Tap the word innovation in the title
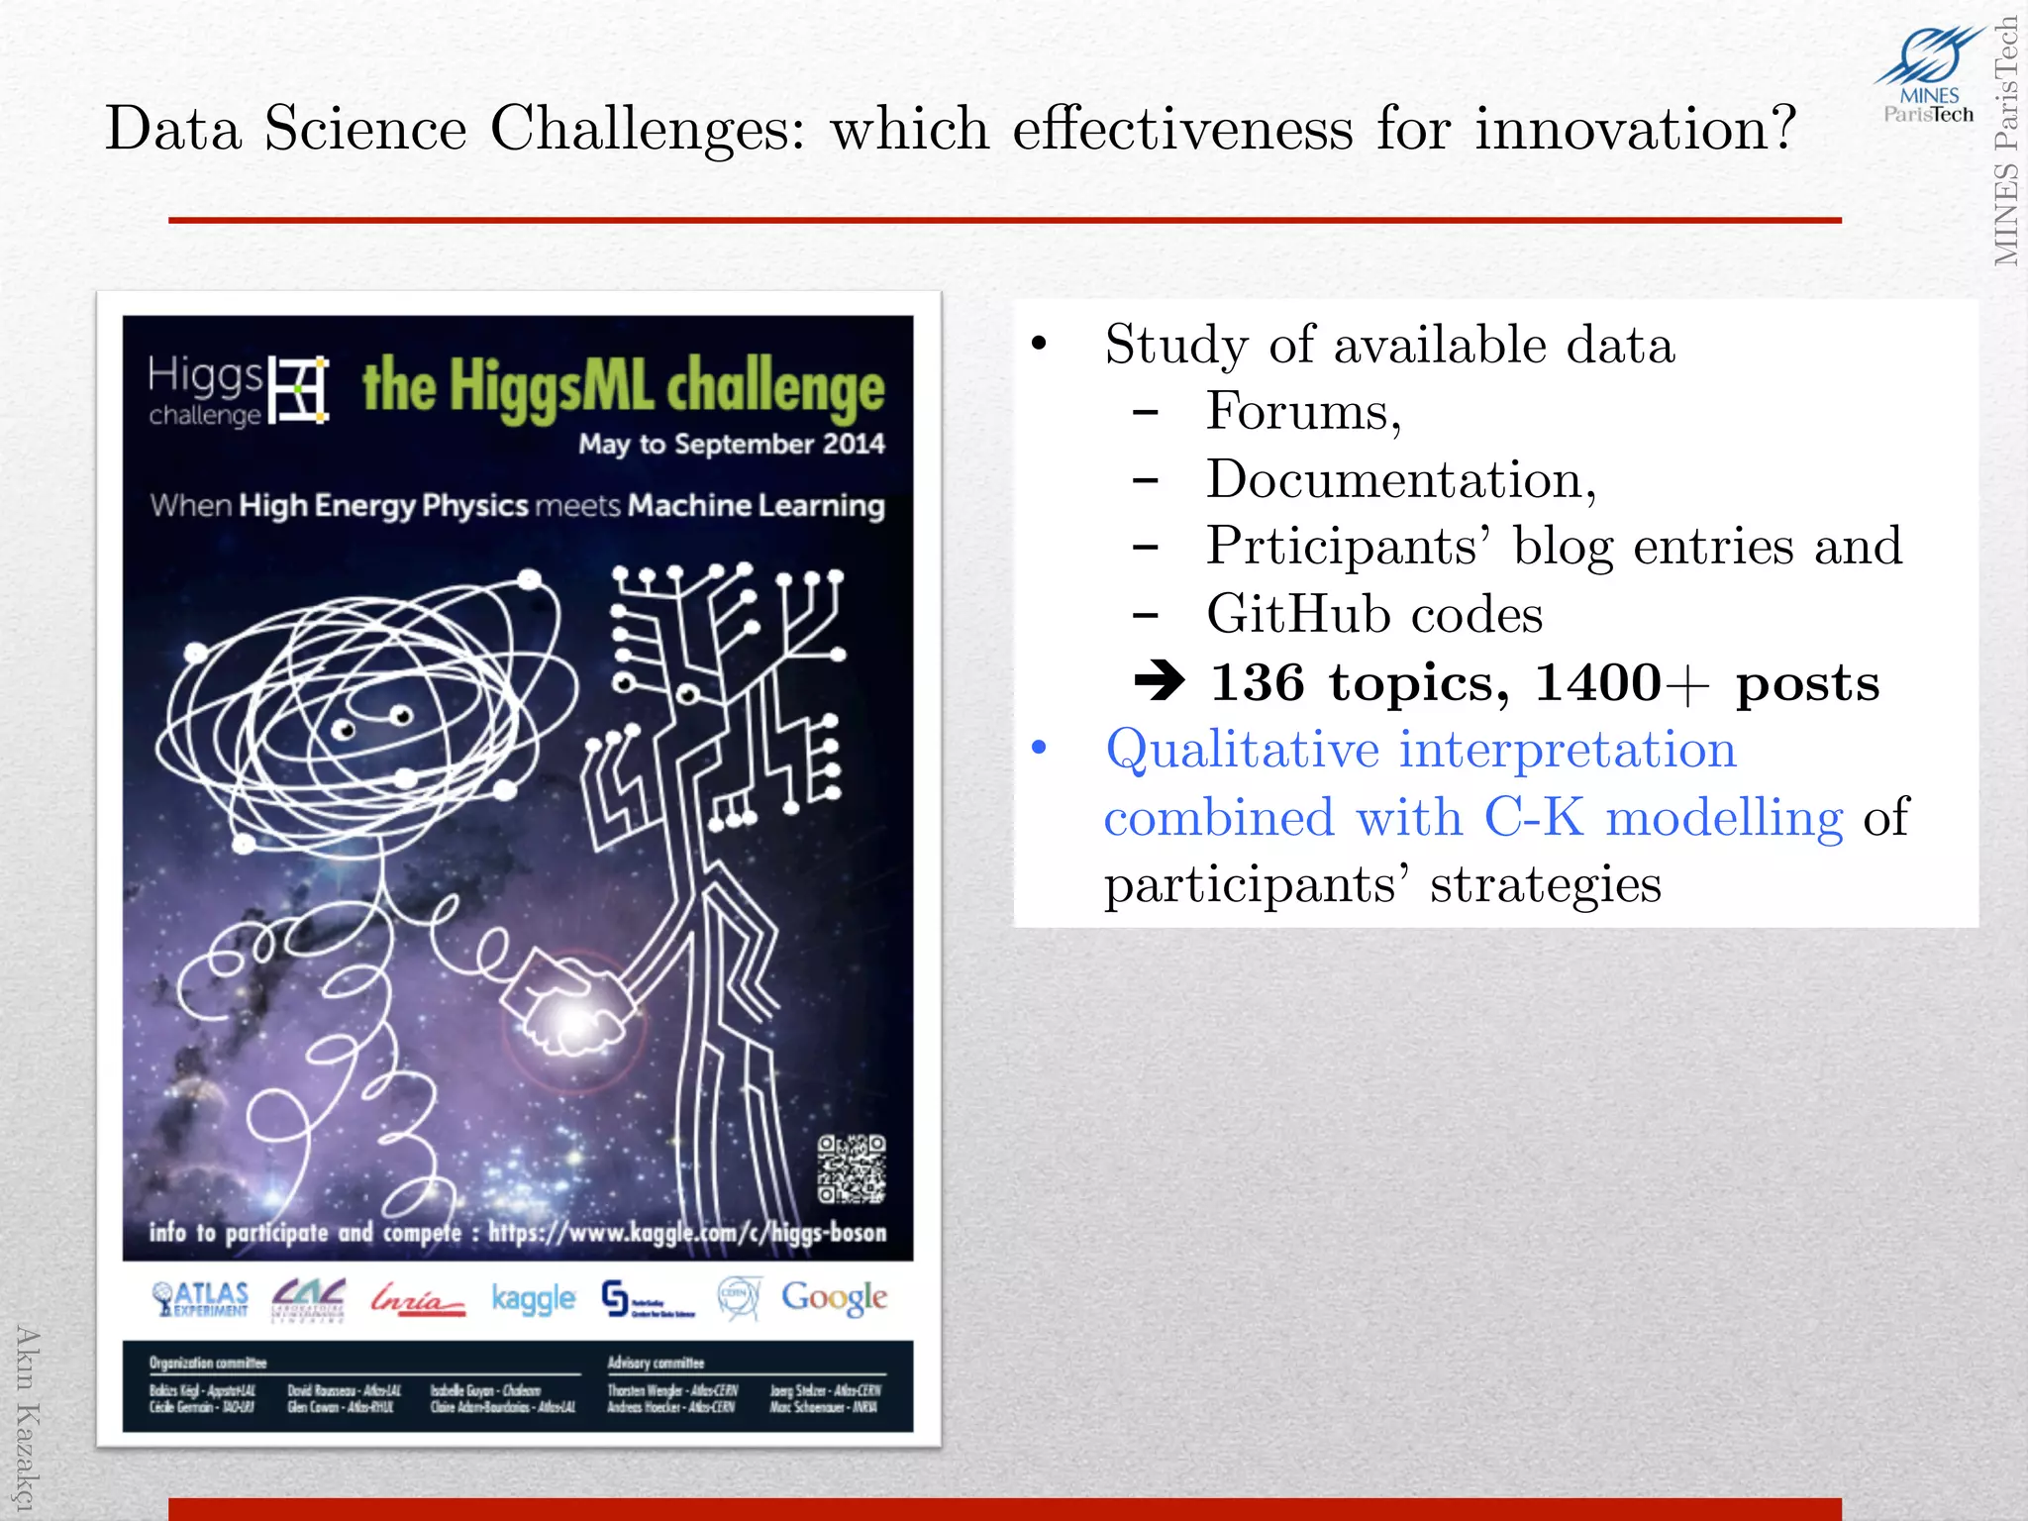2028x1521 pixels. click(1634, 129)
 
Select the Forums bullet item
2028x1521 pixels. click(1303, 412)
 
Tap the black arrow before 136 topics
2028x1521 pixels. click(1160, 681)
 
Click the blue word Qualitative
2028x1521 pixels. click(1242, 750)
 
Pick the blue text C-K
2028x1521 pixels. click(1532, 818)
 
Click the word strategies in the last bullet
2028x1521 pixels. click(1545, 884)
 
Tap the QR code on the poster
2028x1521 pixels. click(851, 1169)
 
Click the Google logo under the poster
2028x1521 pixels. click(834, 1298)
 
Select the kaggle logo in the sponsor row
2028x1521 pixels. click(533, 1298)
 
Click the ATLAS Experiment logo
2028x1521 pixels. click(201, 1298)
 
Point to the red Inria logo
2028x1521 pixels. click(417, 1298)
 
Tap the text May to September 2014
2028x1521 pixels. click(731, 444)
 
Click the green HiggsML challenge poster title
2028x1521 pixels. click(622, 386)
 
